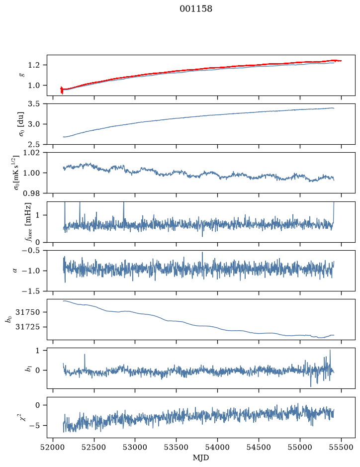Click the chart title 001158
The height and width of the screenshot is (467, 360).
[195, 9]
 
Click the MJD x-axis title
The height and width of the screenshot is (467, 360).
[201, 457]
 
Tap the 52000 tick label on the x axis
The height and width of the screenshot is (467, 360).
[53, 447]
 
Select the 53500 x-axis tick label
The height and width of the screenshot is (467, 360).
[177, 447]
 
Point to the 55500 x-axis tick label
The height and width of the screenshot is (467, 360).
[341, 447]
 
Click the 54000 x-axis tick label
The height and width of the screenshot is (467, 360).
[217, 447]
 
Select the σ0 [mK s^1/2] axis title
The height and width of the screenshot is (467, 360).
[19, 173]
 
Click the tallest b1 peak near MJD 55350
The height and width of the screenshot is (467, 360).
[330, 350]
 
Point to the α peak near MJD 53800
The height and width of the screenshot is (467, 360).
[202, 253]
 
